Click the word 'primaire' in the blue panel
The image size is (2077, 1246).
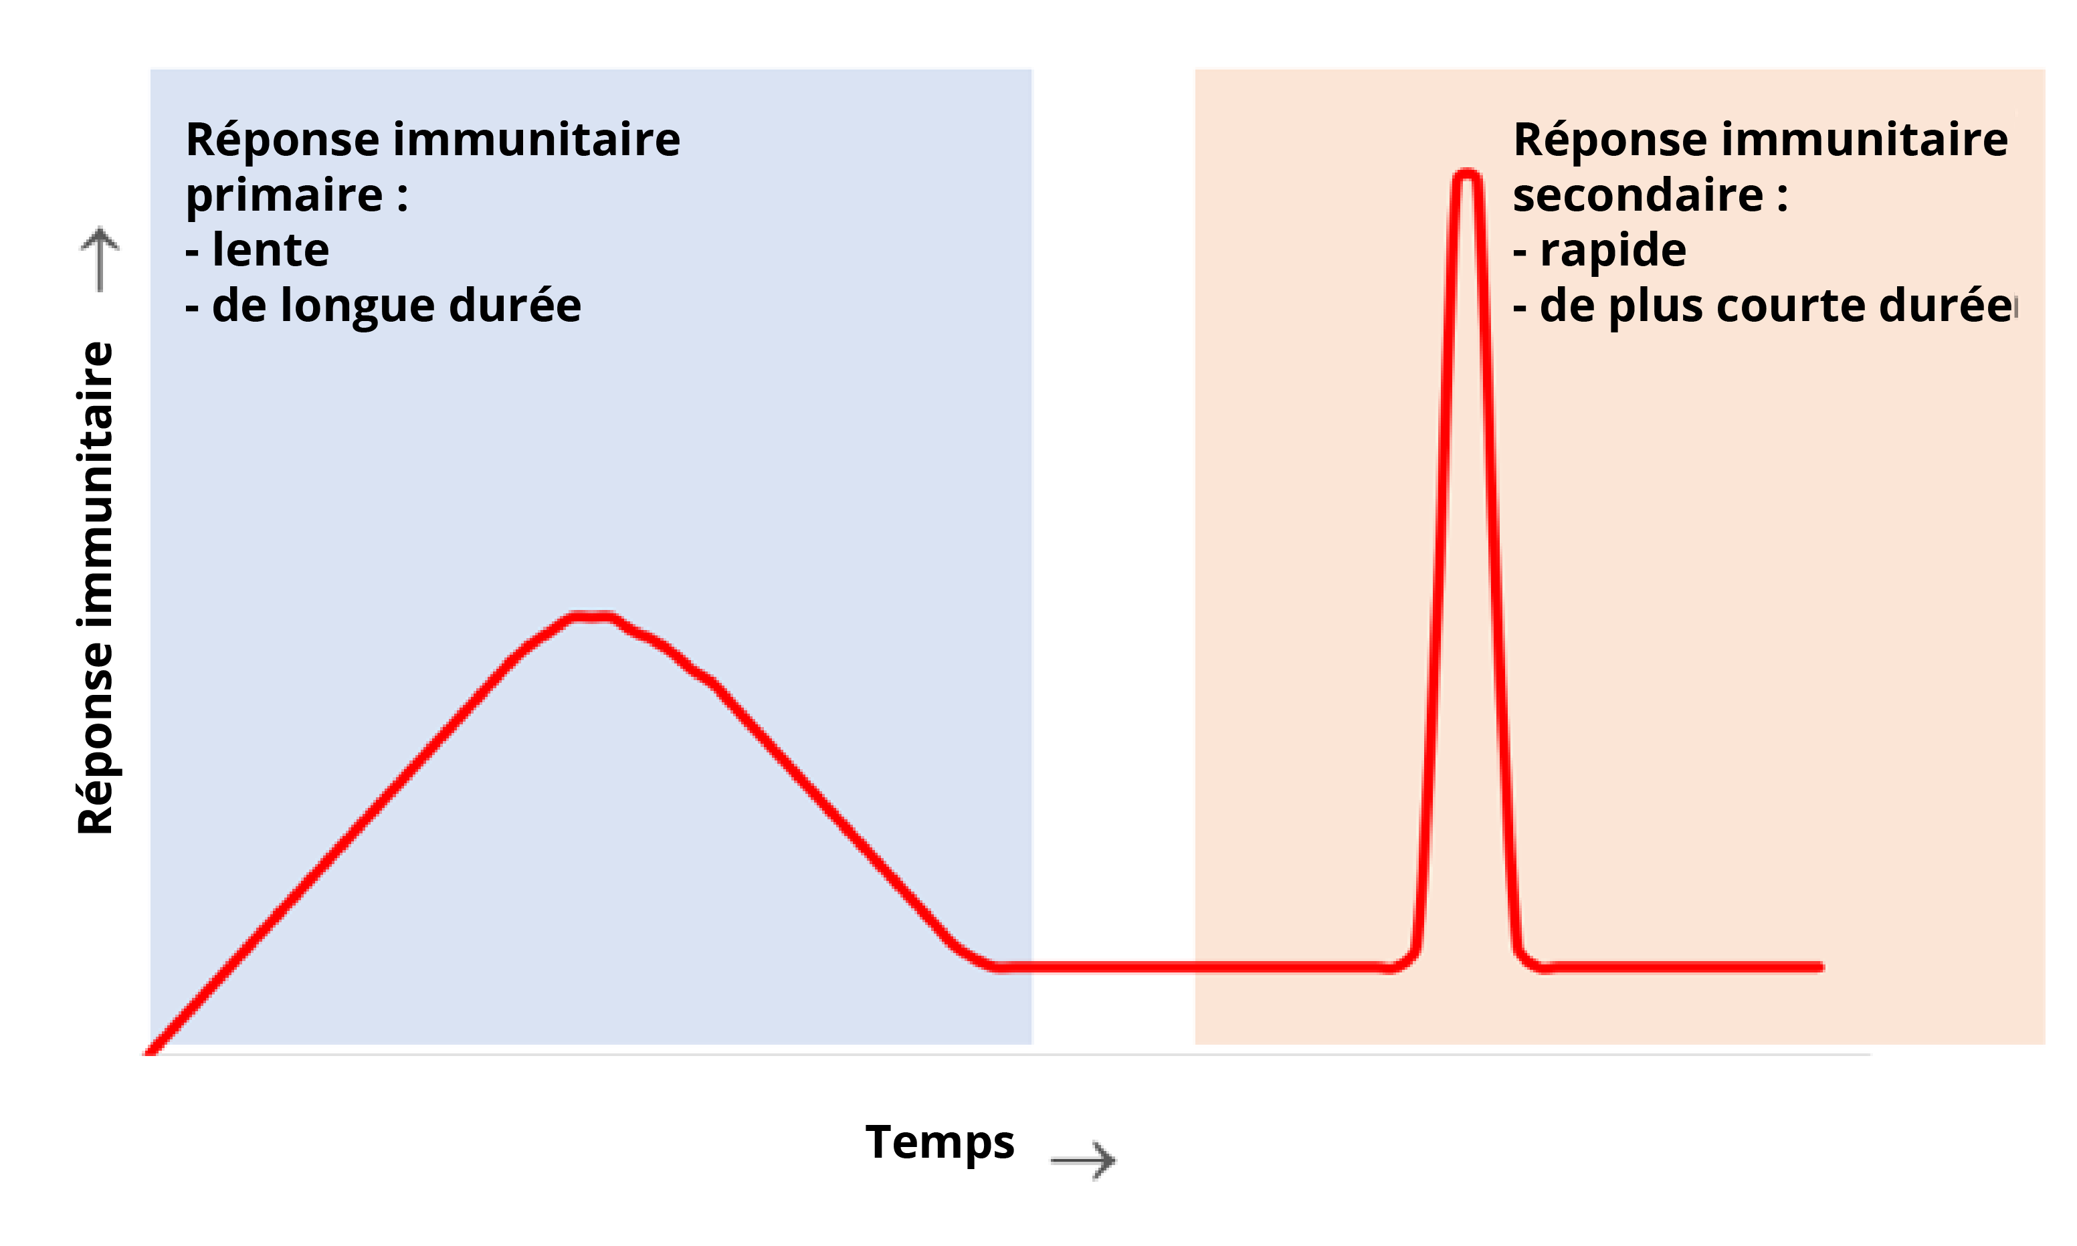point(284,196)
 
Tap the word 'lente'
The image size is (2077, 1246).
point(270,250)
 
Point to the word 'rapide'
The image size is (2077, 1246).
point(1612,250)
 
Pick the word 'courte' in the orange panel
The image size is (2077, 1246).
point(1791,306)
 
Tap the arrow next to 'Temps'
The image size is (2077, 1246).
point(1082,1160)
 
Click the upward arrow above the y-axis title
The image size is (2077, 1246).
point(100,259)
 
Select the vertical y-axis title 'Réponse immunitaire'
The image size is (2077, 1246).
point(95,588)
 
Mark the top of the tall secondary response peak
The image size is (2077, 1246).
point(1466,175)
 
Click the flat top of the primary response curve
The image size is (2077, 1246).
point(591,617)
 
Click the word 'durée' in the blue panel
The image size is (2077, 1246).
point(514,306)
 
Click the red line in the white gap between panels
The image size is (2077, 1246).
point(1112,967)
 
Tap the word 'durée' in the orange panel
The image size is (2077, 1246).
point(1945,306)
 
